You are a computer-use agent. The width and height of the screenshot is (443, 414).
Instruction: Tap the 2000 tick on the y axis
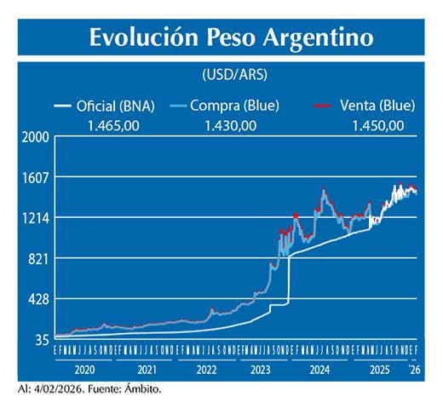point(36,137)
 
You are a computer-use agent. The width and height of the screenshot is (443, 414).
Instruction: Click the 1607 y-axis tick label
point(36,177)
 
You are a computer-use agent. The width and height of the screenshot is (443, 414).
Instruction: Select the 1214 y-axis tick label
point(36,218)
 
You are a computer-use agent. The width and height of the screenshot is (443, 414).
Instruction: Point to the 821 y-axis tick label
point(38,259)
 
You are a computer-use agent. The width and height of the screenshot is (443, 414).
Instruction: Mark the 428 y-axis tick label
point(38,300)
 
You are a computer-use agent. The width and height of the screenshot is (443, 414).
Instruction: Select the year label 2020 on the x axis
point(84,371)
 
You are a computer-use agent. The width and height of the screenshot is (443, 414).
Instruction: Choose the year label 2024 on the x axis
point(319,371)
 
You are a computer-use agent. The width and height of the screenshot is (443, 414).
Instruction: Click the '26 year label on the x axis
point(414,371)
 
